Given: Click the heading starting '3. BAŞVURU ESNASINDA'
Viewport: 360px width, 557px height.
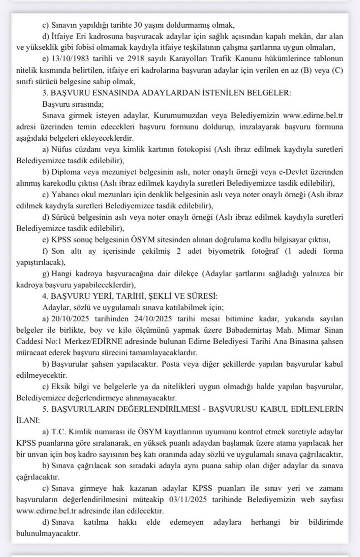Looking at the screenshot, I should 167,93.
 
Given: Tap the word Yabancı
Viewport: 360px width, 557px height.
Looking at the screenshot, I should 66,195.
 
